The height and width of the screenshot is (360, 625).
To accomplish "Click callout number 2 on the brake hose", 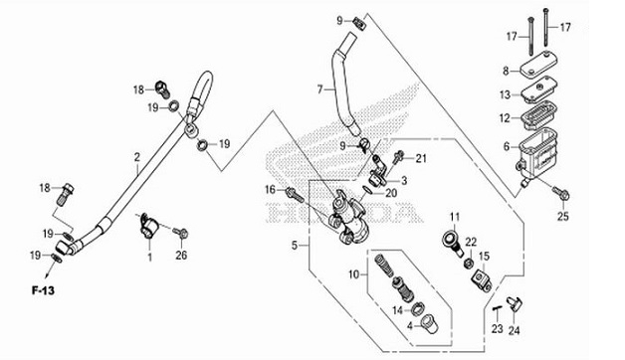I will pos(136,156).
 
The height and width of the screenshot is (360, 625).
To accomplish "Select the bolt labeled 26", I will pos(180,233).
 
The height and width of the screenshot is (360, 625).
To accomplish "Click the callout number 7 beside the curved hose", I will pos(320,89).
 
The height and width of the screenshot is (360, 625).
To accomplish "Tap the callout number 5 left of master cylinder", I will pos(295,244).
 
